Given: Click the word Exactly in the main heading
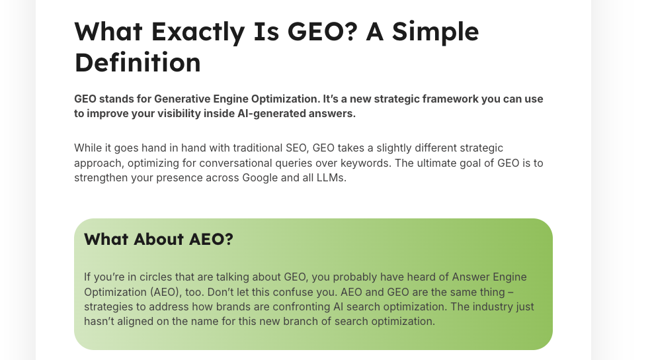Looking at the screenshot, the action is pos(198,32).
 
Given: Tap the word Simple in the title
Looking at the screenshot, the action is pos(435,32).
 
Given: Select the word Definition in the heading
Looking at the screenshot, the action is pos(138,63).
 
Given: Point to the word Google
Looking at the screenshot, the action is pos(260,178).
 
